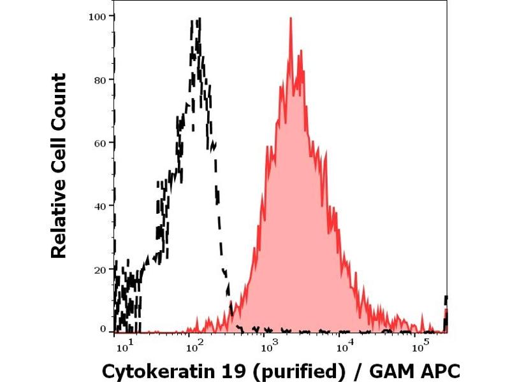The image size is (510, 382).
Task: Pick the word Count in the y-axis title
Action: pyautogui.click(x=59, y=101)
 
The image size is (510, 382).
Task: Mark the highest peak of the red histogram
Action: pyautogui.click(x=291, y=18)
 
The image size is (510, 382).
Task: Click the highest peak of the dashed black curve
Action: pyautogui.click(x=199, y=20)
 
